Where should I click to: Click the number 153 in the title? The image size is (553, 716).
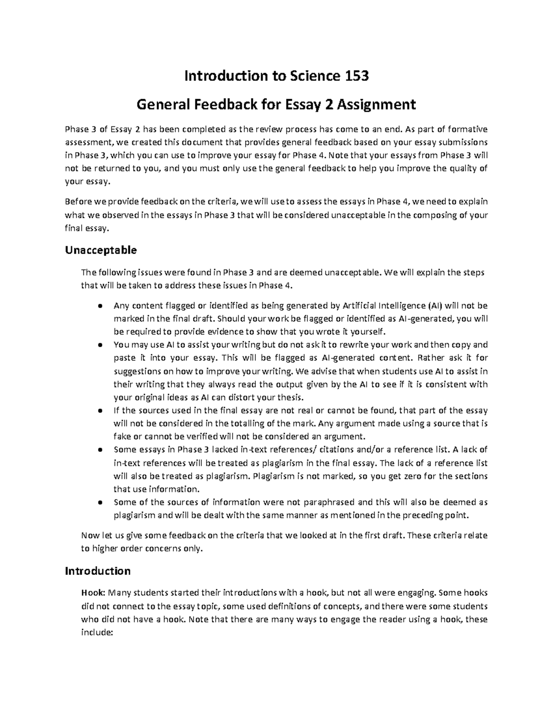[357, 76]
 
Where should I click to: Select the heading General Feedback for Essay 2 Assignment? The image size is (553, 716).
[276, 105]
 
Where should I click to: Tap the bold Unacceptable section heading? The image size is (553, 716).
[101, 250]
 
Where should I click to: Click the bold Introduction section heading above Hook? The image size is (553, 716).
[98, 571]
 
